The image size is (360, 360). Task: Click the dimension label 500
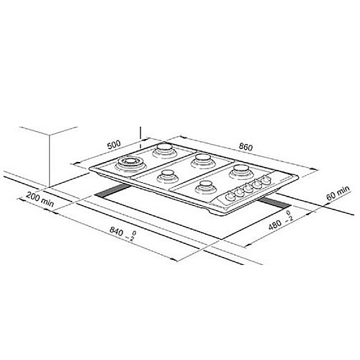[114, 145]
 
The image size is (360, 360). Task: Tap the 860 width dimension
[246, 147]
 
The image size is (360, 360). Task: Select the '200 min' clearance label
[40, 199]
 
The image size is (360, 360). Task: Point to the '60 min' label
[338, 193]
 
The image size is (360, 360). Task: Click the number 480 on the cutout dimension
[275, 225]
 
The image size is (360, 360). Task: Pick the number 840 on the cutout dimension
[117, 231]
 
